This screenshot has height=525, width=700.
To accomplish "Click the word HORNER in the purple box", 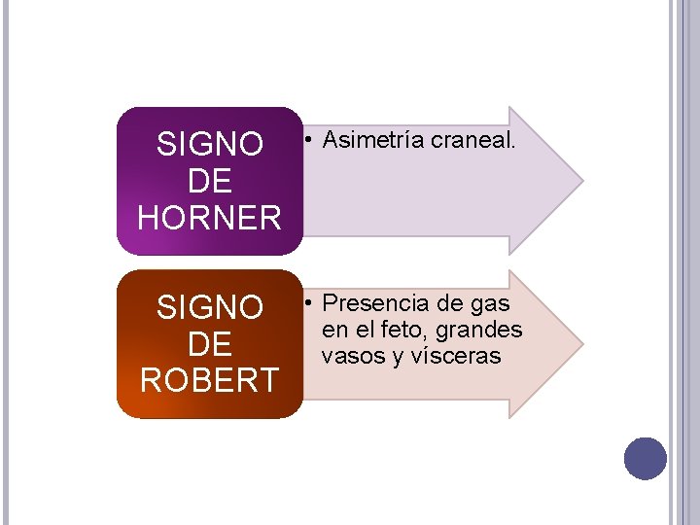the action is pos(210,217).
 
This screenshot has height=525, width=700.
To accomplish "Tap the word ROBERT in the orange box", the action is pos(210,380).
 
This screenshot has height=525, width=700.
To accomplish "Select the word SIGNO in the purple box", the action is pos(210,145).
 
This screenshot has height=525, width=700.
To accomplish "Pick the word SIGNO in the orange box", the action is pos(210,308).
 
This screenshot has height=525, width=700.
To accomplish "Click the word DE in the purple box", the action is pos(210,181).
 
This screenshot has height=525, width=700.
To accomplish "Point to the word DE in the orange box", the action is pos(210,344).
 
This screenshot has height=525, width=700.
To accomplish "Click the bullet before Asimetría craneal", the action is pos(307,141).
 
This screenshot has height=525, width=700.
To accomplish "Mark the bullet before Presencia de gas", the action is pos(307,304).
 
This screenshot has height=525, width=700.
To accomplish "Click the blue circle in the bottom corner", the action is pos(646,459).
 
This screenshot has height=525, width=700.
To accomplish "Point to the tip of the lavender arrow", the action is pos(581,181).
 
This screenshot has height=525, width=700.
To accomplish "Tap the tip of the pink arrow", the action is pos(581,344).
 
